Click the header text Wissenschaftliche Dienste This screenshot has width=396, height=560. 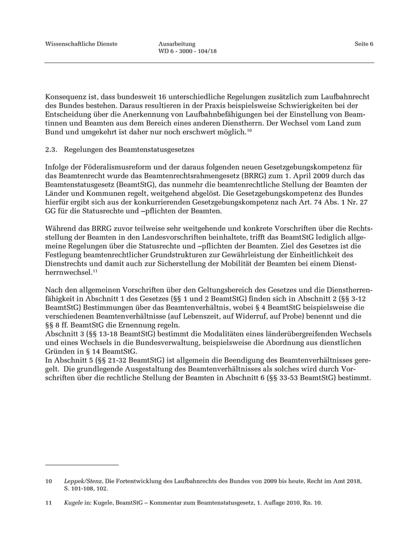click(x=81, y=44)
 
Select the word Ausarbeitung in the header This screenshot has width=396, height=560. click(x=177, y=44)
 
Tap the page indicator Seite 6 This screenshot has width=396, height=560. click(x=364, y=44)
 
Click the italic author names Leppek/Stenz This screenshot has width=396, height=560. click(x=83, y=481)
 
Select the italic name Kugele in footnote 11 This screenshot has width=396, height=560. click(x=73, y=503)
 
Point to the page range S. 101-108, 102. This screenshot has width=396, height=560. click(x=87, y=488)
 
